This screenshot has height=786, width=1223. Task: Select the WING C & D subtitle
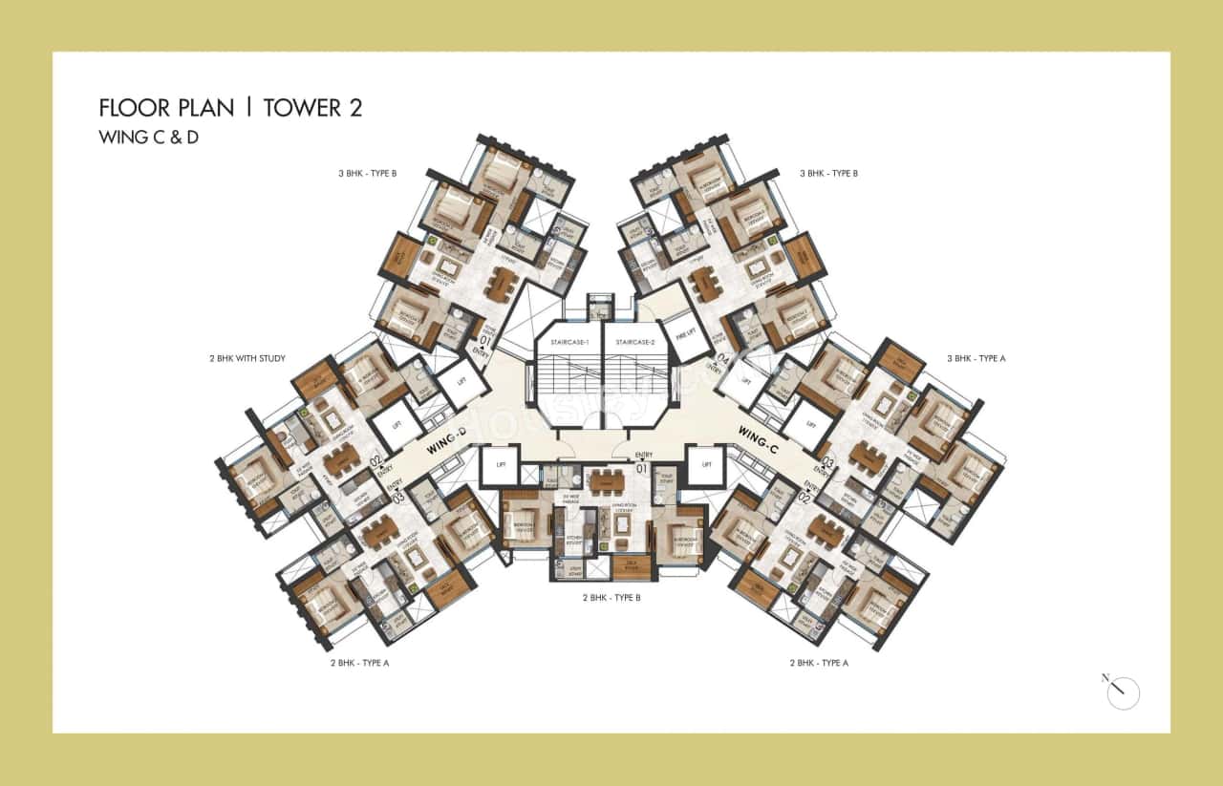tap(148, 138)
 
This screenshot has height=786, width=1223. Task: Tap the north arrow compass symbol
tap(1122, 692)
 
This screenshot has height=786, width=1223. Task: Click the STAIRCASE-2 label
tap(635, 342)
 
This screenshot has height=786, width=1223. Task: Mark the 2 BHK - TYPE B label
tap(611, 598)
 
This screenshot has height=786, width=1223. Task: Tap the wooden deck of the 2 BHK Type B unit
tap(631, 567)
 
